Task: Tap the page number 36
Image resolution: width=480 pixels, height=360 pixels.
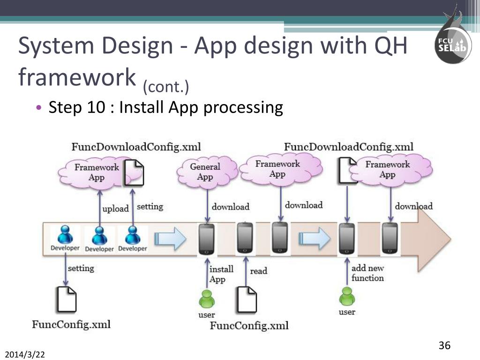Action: (444, 346)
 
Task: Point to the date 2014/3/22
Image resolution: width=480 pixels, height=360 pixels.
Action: (25, 352)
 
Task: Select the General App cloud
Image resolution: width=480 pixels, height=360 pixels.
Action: (205, 172)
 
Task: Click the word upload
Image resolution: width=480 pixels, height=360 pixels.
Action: (115, 209)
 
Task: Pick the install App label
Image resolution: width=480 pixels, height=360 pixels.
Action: (221, 274)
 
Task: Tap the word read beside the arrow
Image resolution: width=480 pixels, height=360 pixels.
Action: (259, 271)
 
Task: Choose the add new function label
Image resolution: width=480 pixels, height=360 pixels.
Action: (367, 273)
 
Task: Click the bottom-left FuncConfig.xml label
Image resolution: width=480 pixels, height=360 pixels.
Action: (71, 324)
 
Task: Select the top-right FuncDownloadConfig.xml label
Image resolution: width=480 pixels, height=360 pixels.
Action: (349, 147)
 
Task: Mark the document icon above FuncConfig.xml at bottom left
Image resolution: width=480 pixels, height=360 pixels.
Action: (66, 300)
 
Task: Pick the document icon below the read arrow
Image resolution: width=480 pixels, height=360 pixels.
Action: (246, 300)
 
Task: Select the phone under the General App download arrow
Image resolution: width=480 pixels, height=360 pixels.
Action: (207, 239)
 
